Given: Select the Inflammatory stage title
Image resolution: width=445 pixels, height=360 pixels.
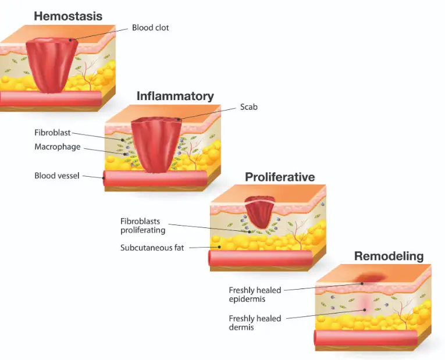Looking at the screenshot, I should [x=175, y=96].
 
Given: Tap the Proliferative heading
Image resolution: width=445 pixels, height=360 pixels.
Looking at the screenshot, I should [x=280, y=177].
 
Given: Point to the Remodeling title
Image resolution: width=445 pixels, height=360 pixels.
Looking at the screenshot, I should [x=389, y=256].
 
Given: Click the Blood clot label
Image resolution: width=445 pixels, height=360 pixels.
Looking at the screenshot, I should [x=151, y=27].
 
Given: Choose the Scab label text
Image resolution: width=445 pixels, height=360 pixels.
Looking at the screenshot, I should [x=249, y=107].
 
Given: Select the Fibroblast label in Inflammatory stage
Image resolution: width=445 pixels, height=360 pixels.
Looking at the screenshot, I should [x=52, y=133].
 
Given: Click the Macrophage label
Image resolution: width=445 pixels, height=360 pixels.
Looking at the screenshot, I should [x=57, y=147].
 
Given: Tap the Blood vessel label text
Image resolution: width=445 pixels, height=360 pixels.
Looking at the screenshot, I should [x=56, y=175].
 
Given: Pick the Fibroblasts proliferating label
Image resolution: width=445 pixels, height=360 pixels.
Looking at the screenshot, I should [x=143, y=226].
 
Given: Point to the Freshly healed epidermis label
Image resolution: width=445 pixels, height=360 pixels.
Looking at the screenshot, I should [x=255, y=294].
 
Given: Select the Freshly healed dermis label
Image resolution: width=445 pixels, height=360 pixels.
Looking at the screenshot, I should [x=255, y=323].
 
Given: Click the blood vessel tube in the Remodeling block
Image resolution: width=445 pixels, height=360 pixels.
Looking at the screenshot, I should [x=365, y=338].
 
